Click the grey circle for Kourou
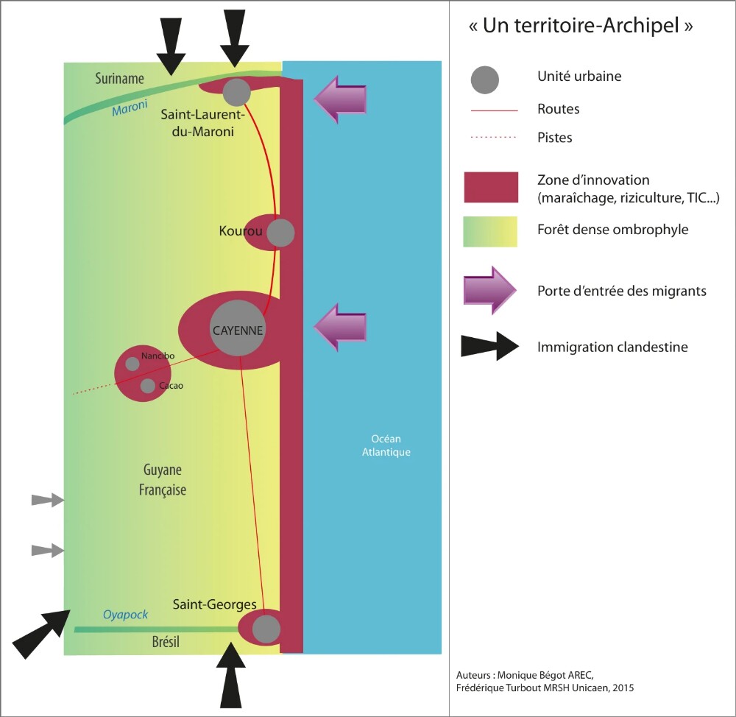tap(280, 233)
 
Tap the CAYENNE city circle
tap(238, 330)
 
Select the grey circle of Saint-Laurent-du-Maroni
tap(236, 92)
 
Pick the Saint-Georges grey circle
tap(266, 629)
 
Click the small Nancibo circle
tap(132, 364)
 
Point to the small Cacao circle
tap(148, 386)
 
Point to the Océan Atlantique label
tap(386, 445)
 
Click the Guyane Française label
tap(163, 480)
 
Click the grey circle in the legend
tap(484, 80)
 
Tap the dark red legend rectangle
tap(490, 187)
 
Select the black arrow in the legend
tap(489, 346)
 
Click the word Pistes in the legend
tap(555, 138)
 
